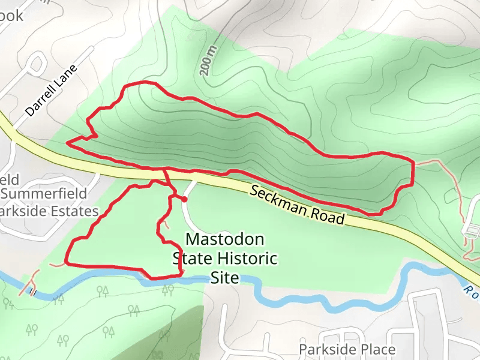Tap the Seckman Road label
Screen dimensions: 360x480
coord(298,205)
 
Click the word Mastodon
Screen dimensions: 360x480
coord(224,239)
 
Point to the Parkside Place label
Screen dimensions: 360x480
coord(347,349)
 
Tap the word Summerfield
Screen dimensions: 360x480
coord(45,194)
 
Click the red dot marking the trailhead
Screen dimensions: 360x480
coord(185,199)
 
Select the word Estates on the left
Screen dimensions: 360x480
coord(74,212)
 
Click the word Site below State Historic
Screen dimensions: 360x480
coord(225,278)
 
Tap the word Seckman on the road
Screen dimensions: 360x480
coord(279,199)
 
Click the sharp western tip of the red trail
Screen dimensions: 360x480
coord(68,143)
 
